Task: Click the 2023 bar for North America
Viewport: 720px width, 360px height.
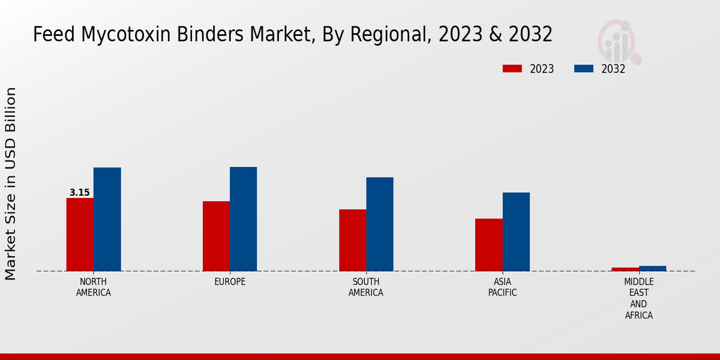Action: click(x=80, y=235)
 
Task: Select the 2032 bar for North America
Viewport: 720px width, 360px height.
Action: click(x=107, y=219)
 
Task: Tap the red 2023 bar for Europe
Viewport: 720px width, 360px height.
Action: click(x=216, y=236)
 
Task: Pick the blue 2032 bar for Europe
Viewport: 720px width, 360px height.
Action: click(x=243, y=219)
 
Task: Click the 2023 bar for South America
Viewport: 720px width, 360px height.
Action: click(x=352, y=240)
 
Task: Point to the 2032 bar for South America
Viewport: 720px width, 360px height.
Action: click(x=380, y=224)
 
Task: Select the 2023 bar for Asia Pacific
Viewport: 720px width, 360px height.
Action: click(x=488, y=245)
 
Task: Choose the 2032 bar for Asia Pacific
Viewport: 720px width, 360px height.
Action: click(x=516, y=232)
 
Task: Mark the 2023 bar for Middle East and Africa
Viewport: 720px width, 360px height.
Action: click(x=625, y=269)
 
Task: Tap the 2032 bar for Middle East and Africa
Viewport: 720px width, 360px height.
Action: click(x=652, y=268)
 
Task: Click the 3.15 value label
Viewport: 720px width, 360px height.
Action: click(x=80, y=193)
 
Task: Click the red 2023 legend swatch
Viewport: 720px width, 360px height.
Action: click(x=512, y=68)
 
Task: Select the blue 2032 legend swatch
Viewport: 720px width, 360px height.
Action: click(x=583, y=68)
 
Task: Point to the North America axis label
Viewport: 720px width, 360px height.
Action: click(x=94, y=287)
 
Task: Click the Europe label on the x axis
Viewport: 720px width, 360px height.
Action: click(x=230, y=282)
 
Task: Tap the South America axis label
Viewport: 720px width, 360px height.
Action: click(x=366, y=287)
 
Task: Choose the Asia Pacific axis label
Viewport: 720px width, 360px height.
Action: click(x=502, y=287)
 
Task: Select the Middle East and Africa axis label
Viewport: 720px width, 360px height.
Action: click(x=638, y=298)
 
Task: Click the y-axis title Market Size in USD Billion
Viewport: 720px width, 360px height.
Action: click(x=11, y=183)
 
